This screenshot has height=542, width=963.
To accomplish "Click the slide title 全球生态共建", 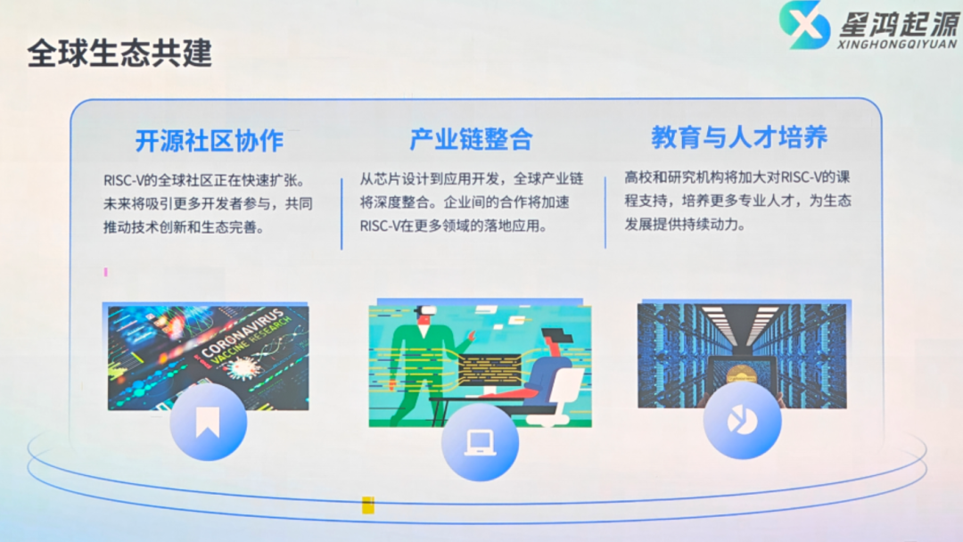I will pyautogui.click(x=119, y=53).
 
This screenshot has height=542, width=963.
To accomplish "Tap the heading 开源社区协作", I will pyautogui.click(x=210, y=141).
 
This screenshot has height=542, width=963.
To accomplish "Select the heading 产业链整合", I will pyautogui.click(x=471, y=139).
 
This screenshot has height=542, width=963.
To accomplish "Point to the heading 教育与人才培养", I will pyautogui.click(x=739, y=137).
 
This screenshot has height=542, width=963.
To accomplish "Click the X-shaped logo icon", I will pyautogui.click(x=804, y=25).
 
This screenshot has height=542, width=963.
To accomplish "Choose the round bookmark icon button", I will pyautogui.click(x=208, y=423).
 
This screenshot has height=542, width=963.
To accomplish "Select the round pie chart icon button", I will pyautogui.click(x=742, y=421).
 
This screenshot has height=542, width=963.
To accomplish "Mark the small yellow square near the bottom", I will pyautogui.click(x=367, y=505).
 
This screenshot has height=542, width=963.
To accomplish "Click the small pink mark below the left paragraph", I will pyautogui.click(x=105, y=272).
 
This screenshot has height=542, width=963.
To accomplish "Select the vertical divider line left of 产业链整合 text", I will pyautogui.click(x=342, y=213).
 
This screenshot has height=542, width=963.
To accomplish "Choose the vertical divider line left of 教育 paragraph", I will pyautogui.click(x=605, y=213).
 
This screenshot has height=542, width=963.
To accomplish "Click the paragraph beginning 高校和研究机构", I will pyautogui.click(x=738, y=201).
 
